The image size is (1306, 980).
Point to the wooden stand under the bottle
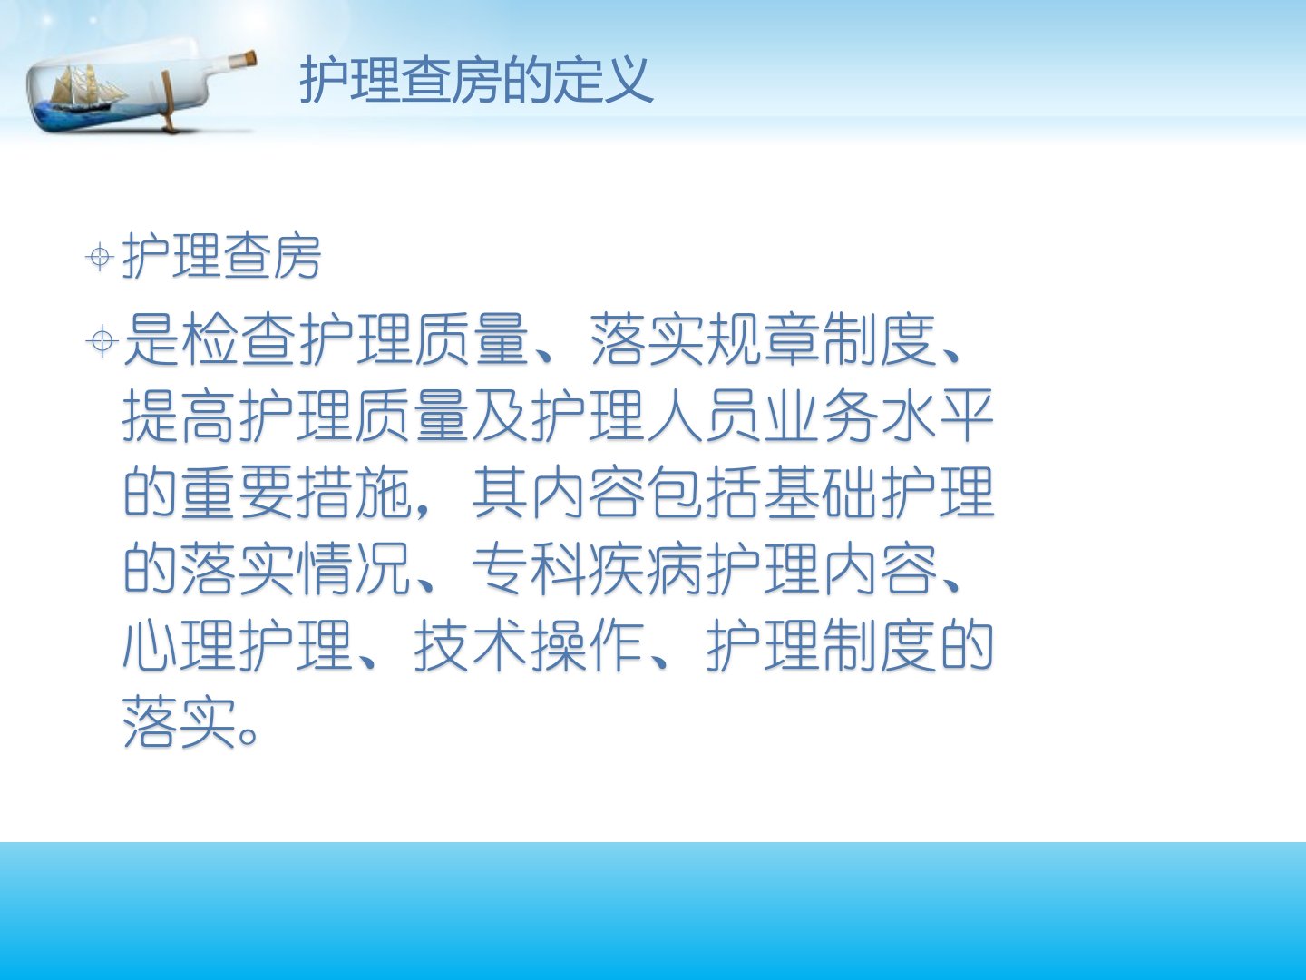click(x=169, y=101)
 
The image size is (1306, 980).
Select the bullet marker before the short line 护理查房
click(x=100, y=257)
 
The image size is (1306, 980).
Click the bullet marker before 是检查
click(x=102, y=341)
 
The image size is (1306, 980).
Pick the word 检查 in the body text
click(x=239, y=339)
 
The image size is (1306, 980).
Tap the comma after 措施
click(x=423, y=510)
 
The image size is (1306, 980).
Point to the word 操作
click(x=588, y=645)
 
